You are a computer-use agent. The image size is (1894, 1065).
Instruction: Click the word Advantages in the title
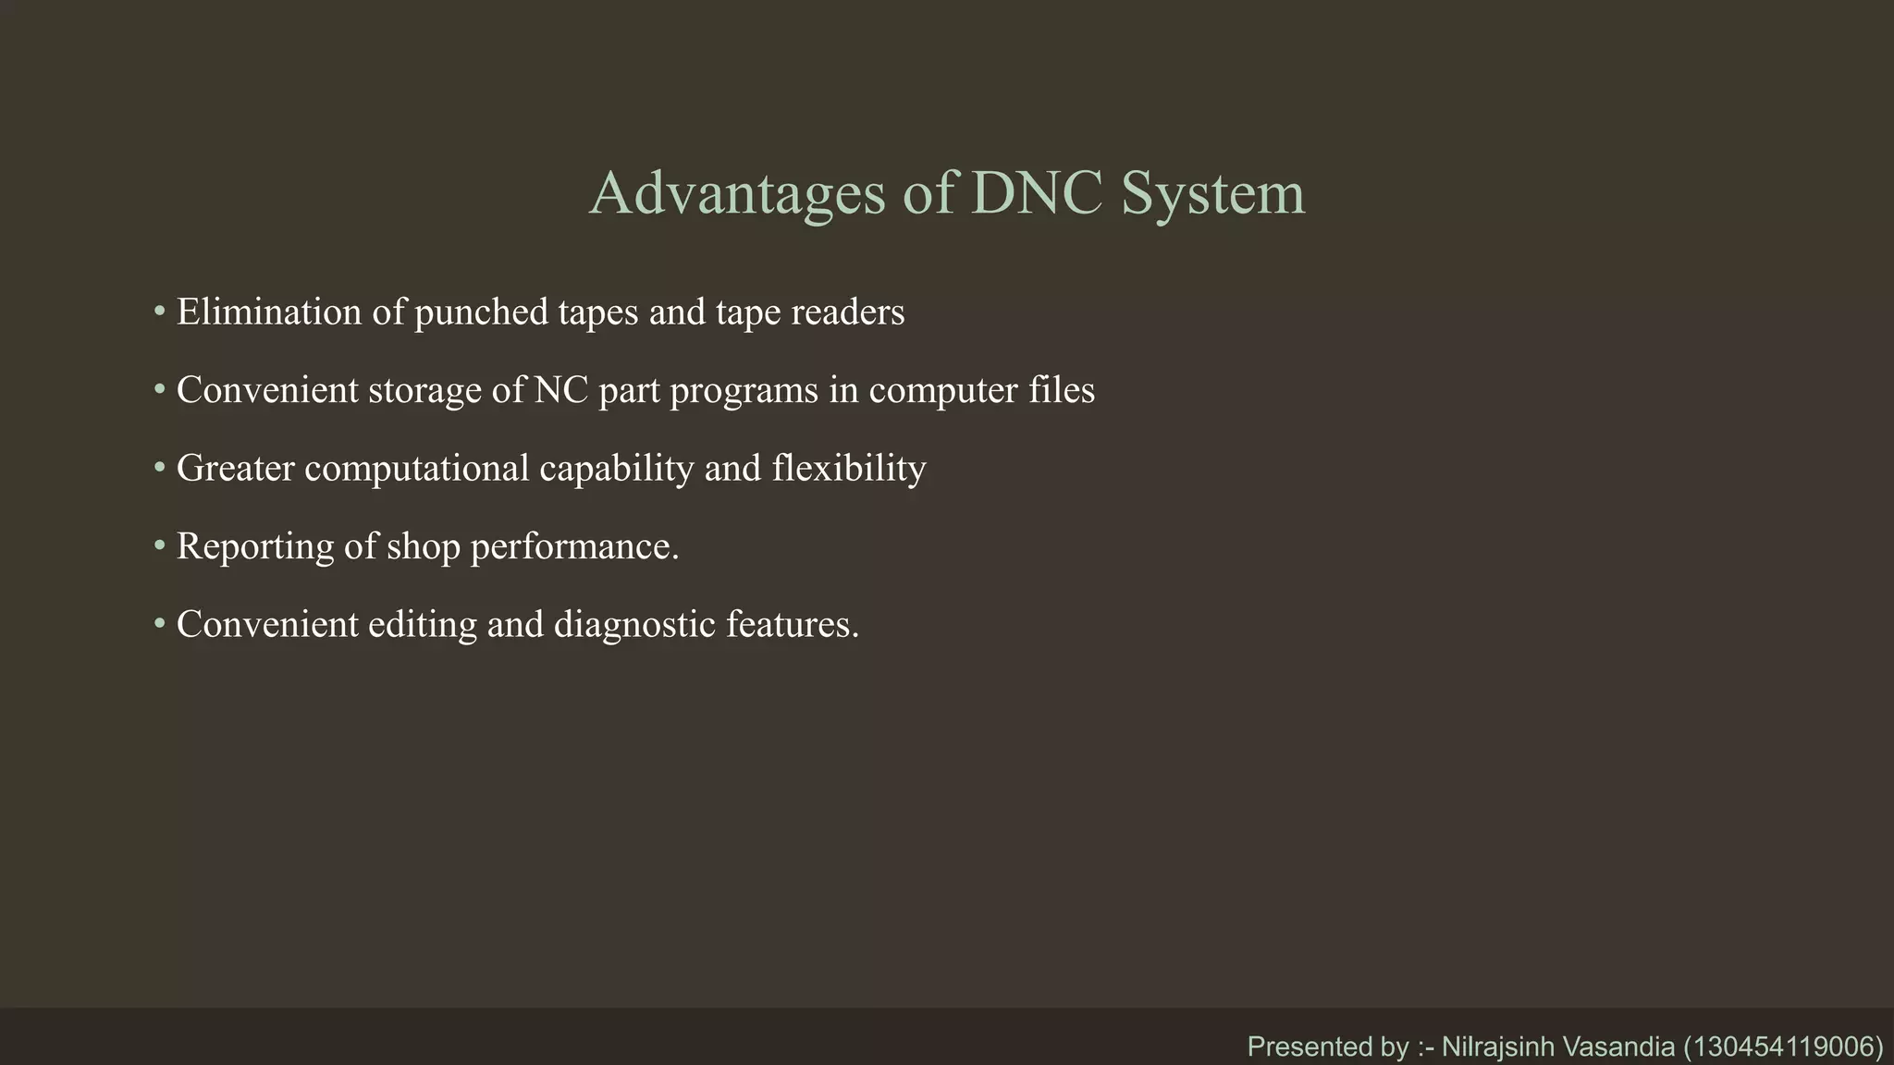coord(737,194)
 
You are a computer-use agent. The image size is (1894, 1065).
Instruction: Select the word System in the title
coord(1212,196)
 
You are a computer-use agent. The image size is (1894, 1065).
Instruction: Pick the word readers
coord(847,312)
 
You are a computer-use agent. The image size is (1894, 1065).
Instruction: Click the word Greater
coord(236,469)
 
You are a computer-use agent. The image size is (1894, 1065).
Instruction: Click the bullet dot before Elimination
coord(160,312)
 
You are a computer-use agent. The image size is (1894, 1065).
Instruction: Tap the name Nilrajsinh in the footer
coord(1498,1047)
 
